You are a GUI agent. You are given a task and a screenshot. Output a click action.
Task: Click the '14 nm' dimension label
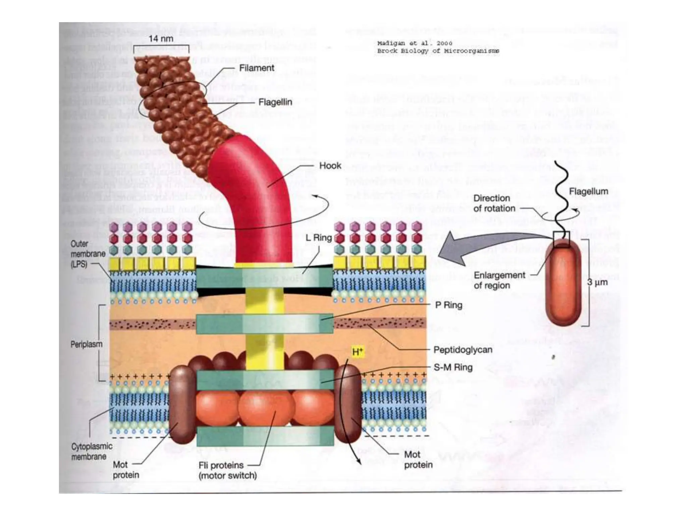click(161, 39)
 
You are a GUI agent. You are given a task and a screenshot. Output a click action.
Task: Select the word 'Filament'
click(257, 68)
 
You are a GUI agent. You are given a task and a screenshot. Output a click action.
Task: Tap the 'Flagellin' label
click(275, 102)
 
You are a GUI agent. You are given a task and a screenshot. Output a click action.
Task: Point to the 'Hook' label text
click(330, 166)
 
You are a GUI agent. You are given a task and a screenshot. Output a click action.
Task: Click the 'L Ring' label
click(318, 238)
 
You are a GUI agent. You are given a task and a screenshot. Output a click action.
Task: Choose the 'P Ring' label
click(448, 305)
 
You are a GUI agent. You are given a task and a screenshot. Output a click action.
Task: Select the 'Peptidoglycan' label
click(463, 350)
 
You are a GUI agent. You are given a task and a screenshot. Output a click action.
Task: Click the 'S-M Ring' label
click(453, 367)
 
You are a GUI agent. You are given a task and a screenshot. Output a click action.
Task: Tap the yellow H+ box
click(358, 352)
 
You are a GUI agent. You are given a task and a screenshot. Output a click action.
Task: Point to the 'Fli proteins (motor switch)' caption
click(227, 470)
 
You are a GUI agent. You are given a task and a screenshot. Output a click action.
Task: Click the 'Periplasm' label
click(86, 344)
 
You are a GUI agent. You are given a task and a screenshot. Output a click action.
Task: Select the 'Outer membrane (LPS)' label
click(83, 254)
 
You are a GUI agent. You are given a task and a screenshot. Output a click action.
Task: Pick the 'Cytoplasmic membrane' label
click(92, 451)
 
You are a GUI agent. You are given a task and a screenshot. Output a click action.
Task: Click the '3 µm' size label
click(597, 282)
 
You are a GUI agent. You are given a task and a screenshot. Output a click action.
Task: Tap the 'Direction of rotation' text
click(494, 203)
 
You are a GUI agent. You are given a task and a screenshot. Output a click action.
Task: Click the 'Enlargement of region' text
click(499, 280)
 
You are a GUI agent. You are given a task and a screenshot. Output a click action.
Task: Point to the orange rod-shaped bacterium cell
click(564, 286)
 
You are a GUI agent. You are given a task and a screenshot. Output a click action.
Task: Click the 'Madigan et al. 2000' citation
click(415, 43)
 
